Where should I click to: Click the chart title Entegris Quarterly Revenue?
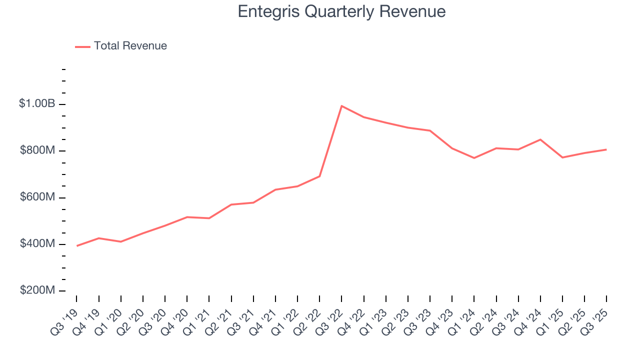341,11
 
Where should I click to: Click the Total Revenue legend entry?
121,46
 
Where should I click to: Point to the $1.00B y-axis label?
36,104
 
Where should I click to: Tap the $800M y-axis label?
37,151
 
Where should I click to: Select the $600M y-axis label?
37,197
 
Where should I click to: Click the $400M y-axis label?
37,244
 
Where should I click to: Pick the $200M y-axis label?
37,290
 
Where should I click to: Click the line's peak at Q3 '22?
341,106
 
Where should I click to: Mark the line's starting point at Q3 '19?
76,246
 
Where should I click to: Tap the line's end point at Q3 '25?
606,149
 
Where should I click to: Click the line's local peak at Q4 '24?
540,139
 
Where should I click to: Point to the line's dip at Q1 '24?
474,158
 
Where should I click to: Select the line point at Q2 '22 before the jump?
319,176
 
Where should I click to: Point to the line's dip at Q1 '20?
120,241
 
